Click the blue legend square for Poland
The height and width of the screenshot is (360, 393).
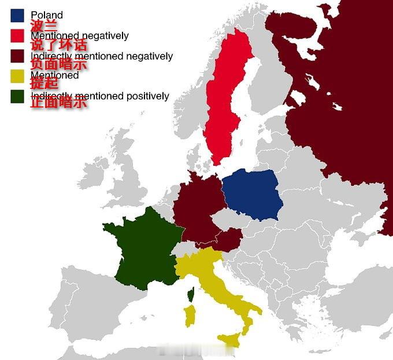17,15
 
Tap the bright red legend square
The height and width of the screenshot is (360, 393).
17,35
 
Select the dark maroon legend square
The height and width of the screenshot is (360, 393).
17,56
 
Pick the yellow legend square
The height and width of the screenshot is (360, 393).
17,75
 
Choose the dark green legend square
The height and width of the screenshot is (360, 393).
17,96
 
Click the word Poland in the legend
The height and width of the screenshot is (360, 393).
47,15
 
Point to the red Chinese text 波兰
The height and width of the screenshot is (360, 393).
44,25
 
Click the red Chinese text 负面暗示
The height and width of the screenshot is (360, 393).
58,65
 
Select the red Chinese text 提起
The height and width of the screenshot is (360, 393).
44,84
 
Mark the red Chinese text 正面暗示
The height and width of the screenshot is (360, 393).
58,104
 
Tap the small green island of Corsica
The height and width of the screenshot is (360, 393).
190,296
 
